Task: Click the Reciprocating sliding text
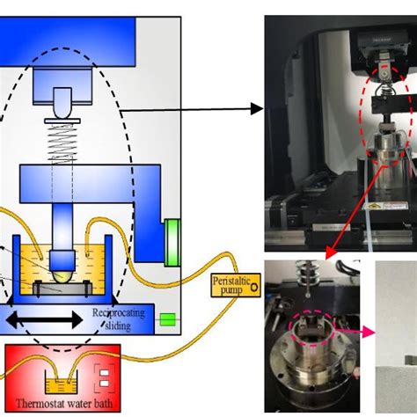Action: [120, 318]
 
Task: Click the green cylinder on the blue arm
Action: [172, 241]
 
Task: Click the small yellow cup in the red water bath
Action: [61, 384]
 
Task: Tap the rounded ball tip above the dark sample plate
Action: [60, 260]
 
